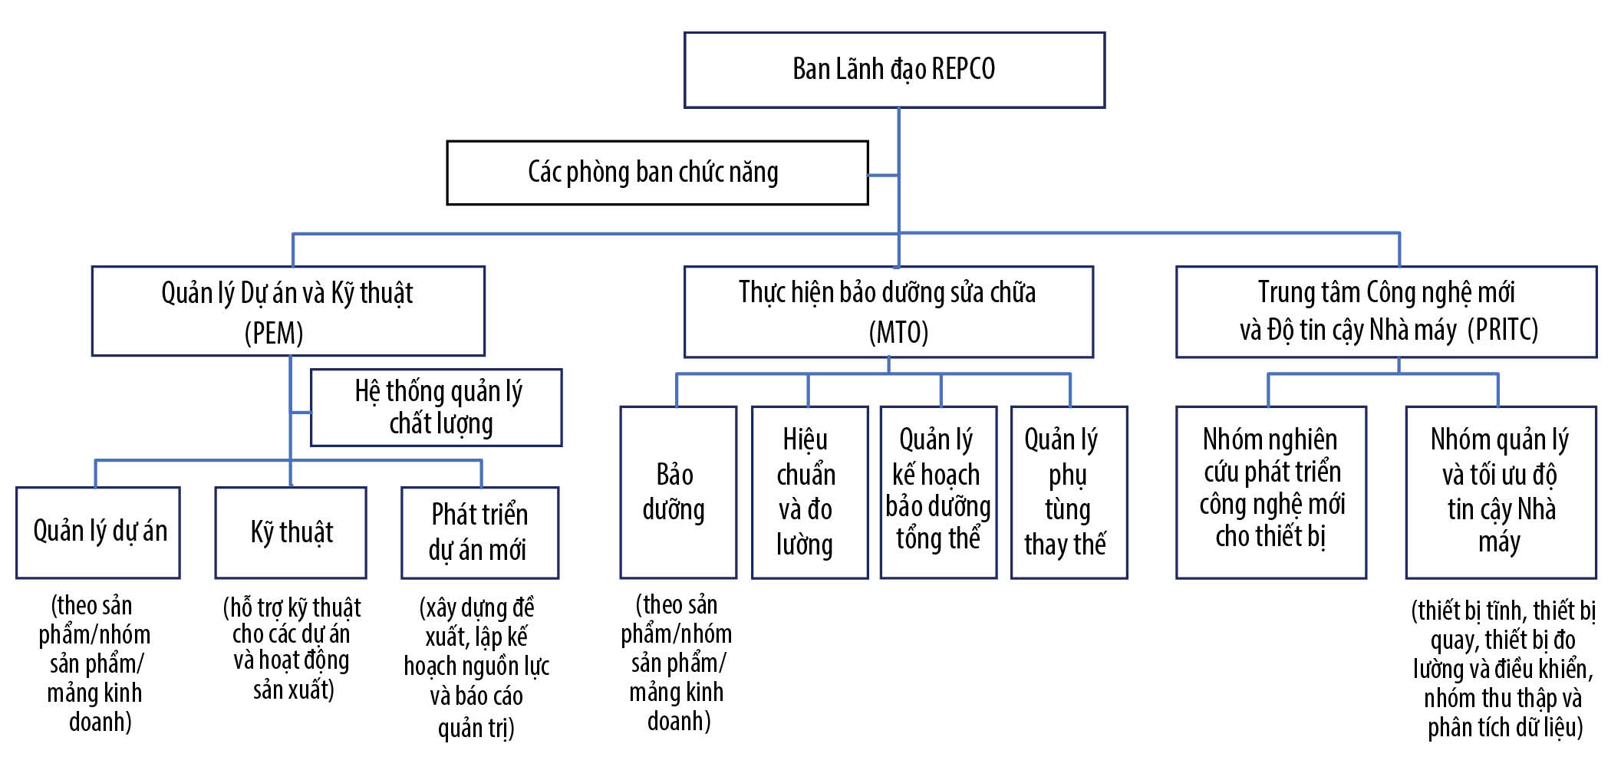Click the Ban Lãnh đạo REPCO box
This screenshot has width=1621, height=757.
click(894, 70)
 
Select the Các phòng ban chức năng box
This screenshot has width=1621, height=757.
click(657, 173)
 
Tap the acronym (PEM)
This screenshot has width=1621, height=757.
click(274, 334)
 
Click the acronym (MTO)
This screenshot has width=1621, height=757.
click(898, 333)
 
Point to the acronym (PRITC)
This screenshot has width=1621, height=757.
click(1503, 330)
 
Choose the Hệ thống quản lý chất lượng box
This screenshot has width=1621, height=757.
click(436, 407)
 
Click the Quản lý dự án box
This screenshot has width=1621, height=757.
click(98, 532)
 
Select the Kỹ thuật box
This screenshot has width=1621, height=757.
click(291, 532)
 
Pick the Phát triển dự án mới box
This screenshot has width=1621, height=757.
click(479, 532)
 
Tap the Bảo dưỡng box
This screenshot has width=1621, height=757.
click(678, 492)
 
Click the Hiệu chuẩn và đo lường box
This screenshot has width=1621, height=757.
click(809, 492)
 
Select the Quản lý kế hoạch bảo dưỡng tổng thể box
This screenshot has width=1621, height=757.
click(938, 492)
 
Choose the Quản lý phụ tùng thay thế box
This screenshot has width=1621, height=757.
click(1069, 492)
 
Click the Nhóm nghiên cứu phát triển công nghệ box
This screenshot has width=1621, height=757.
click(1271, 492)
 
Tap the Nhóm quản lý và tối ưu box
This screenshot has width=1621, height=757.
click(1501, 492)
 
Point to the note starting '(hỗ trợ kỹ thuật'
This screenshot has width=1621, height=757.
click(292, 649)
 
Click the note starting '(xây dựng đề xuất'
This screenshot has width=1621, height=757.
click(477, 666)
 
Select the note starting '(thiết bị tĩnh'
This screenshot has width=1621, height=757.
click(1504, 668)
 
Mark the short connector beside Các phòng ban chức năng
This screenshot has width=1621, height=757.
click(883, 176)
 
